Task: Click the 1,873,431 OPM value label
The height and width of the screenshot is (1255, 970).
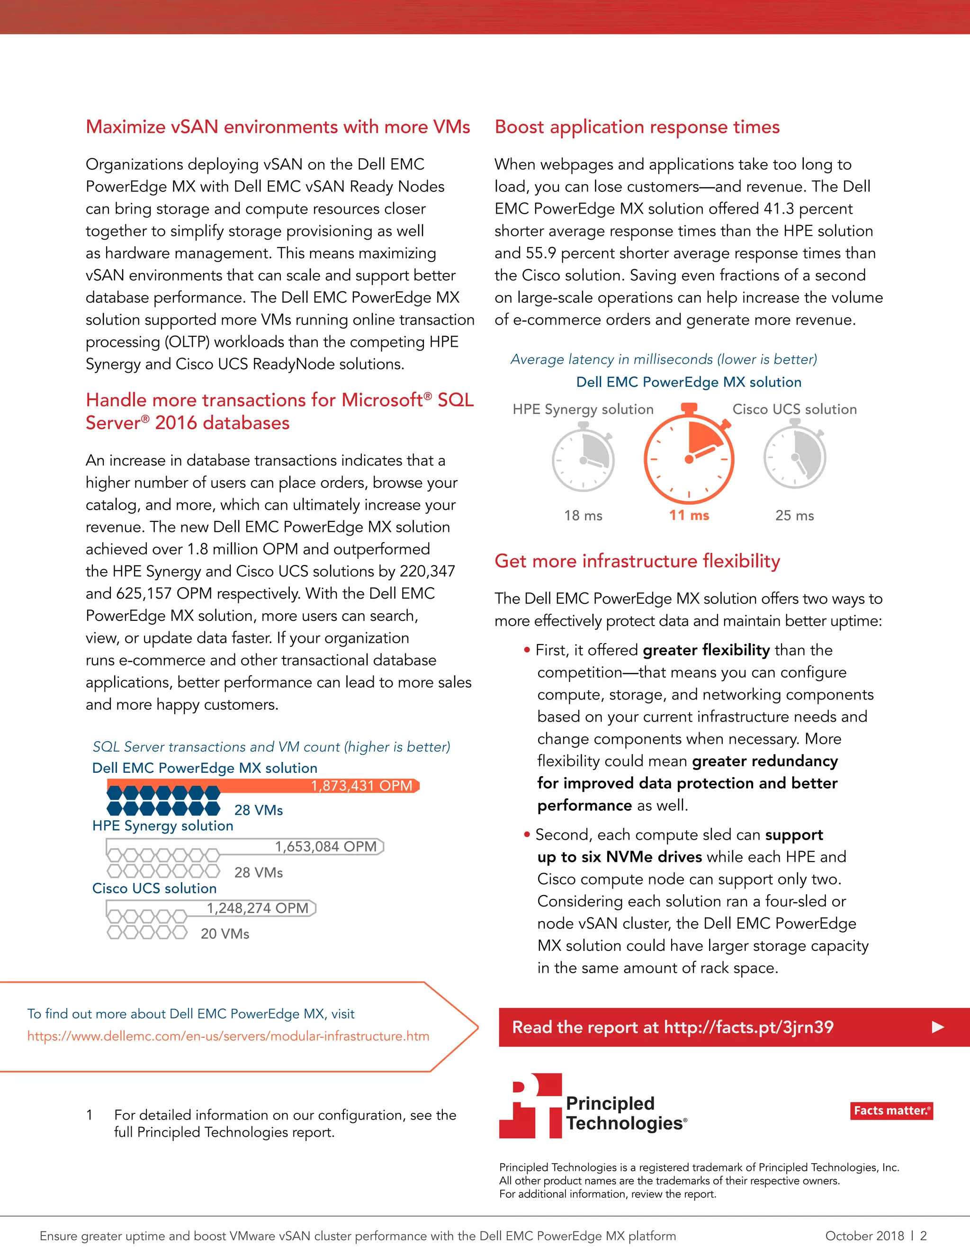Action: pyautogui.click(x=361, y=786)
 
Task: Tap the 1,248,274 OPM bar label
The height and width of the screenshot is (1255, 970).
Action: pyautogui.click(x=258, y=908)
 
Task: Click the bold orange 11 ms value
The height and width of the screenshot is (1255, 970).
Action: pyautogui.click(x=689, y=515)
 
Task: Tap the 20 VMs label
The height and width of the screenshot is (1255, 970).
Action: pyautogui.click(x=225, y=934)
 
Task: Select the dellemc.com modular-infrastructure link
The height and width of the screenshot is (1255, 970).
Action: pyautogui.click(x=228, y=1036)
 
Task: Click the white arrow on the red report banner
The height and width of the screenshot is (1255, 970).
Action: pyautogui.click(x=938, y=1027)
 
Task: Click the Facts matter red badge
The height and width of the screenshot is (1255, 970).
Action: pyautogui.click(x=891, y=1111)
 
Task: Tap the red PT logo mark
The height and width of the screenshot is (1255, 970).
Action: pyautogui.click(x=530, y=1106)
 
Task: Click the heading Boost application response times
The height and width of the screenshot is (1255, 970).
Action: pyautogui.click(x=637, y=126)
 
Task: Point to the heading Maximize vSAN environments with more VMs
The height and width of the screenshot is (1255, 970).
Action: pyautogui.click(x=278, y=126)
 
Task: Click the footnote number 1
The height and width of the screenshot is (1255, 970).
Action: pyautogui.click(x=89, y=1115)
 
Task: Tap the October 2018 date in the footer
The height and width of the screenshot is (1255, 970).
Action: pyautogui.click(x=864, y=1236)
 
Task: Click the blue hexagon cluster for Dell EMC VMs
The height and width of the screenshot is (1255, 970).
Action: pyautogui.click(x=163, y=800)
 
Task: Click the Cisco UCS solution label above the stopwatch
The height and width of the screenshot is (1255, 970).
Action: pyautogui.click(x=794, y=409)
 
